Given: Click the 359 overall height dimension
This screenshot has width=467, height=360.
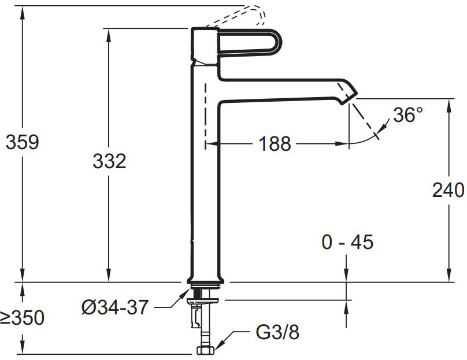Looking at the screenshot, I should click(x=22, y=142).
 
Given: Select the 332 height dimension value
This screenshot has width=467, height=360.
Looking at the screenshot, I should click(x=109, y=161).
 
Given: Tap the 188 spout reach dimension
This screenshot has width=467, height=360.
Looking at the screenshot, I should click(x=275, y=143).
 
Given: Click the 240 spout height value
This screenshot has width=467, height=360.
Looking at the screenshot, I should click(x=449, y=190).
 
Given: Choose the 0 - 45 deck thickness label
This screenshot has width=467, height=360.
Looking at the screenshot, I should click(x=347, y=242).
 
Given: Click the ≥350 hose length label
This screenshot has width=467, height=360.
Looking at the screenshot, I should click(x=22, y=317).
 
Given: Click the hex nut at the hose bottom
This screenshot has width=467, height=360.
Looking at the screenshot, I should click(x=205, y=350).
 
